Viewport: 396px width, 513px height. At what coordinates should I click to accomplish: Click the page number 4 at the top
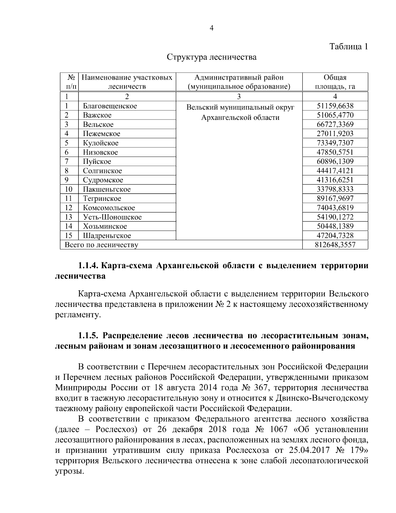212,28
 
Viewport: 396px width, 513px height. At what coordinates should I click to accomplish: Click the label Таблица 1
349,47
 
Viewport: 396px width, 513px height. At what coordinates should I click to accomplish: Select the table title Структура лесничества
212,57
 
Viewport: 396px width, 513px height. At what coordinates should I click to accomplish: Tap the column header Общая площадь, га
335,82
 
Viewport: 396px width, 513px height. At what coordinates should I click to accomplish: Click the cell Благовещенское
110,106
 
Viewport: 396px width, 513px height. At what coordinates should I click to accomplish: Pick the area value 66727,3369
335,125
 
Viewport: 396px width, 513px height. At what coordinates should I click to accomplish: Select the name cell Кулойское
101,143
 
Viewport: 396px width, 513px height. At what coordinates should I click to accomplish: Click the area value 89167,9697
335,199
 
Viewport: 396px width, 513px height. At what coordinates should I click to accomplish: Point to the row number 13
69,217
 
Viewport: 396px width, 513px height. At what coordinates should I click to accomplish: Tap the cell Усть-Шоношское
112,217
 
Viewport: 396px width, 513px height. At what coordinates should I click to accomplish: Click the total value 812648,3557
335,245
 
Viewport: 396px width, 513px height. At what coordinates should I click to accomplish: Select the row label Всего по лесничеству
101,245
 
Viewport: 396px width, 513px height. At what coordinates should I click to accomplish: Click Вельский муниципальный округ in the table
240,108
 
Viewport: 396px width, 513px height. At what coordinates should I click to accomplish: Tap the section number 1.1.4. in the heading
88,266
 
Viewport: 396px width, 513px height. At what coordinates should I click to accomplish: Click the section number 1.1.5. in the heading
88,336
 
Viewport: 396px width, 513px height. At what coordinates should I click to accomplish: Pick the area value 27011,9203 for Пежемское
335,134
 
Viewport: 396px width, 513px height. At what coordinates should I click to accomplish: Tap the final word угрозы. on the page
68,471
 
